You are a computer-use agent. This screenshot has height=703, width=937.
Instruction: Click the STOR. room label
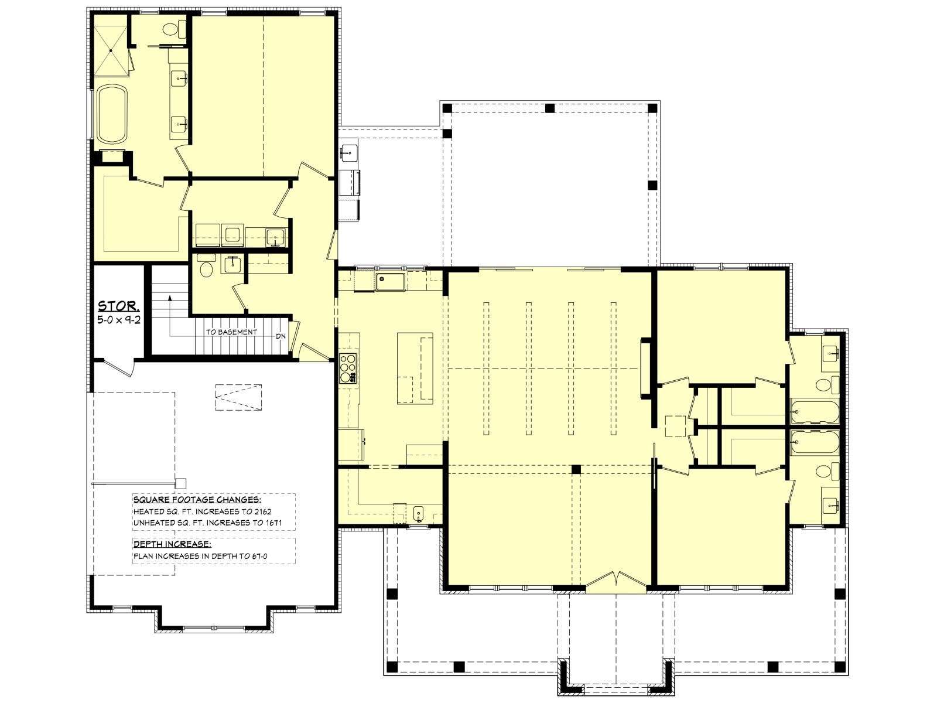pyautogui.click(x=118, y=306)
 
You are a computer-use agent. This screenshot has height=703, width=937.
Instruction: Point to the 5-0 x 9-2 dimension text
pyautogui.click(x=119, y=319)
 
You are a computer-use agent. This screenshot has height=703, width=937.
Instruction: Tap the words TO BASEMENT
pyautogui.click(x=231, y=332)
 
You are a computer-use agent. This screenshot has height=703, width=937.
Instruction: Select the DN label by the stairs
pyautogui.click(x=281, y=336)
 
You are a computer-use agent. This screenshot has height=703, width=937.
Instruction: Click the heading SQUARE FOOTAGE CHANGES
pyautogui.click(x=197, y=500)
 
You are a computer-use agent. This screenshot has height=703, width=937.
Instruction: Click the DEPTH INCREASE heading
pyautogui.click(x=172, y=544)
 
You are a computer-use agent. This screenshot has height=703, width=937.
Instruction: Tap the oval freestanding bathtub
pyautogui.click(x=112, y=114)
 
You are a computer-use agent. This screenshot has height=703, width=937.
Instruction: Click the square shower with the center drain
pyautogui.click(x=111, y=51)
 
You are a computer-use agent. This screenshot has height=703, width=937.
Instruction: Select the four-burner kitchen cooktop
pyautogui.click(x=348, y=368)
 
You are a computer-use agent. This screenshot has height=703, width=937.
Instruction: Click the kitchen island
pyautogui.click(x=415, y=368)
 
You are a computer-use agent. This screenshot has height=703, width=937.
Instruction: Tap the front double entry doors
pyautogui.click(x=615, y=582)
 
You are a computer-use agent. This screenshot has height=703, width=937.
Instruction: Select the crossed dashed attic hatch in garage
pyautogui.click(x=238, y=397)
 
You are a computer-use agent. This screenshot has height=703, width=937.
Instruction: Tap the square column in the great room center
pyautogui.click(x=576, y=469)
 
